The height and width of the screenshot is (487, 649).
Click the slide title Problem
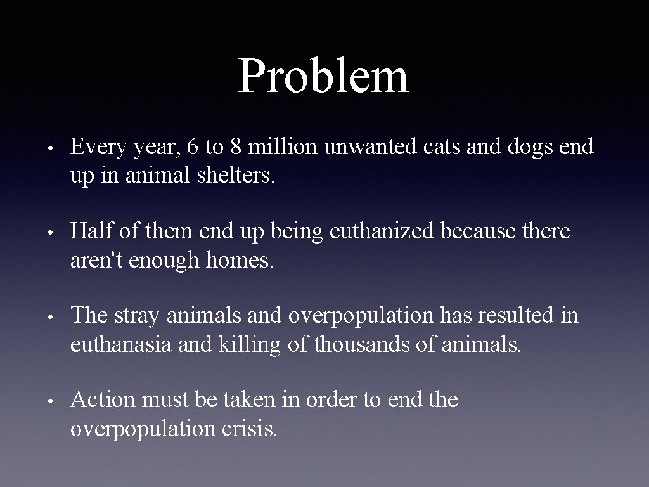[323, 76]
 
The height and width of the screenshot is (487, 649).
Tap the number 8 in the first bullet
[235, 147]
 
